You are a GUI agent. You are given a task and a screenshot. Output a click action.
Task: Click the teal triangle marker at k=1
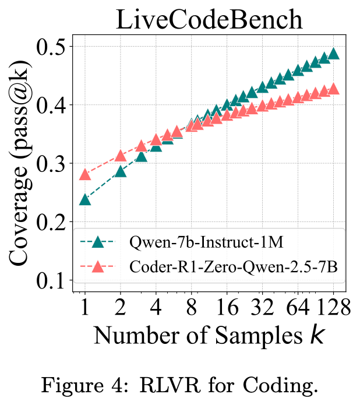tap(85, 200)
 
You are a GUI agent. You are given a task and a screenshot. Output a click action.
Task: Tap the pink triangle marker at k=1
tap(85, 175)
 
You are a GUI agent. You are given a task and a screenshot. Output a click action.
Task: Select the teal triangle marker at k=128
tap(333, 54)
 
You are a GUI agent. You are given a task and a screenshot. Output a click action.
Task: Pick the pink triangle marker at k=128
tap(333, 89)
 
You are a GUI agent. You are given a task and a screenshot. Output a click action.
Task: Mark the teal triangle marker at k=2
tap(121, 171)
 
